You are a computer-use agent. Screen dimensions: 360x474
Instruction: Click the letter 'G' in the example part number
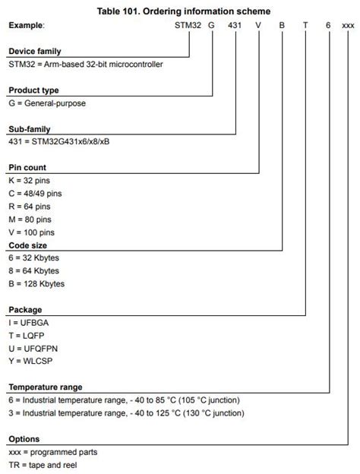point(213,25)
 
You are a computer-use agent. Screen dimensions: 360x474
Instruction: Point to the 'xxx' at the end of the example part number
point(348,25)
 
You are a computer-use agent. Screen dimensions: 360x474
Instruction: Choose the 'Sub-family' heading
point(30,129)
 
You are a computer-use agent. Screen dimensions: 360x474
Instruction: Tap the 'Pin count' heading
point(28,168)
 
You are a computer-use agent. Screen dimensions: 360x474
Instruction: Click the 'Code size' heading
point(28,245)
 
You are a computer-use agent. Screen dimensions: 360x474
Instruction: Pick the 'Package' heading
point(25,310)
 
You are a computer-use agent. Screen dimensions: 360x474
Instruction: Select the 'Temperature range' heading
point(46,387)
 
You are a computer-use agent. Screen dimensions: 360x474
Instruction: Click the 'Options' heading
point(24,439)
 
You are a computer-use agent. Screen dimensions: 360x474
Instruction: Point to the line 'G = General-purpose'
point(48,103)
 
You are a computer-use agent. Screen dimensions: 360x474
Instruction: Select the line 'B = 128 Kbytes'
point(37,284)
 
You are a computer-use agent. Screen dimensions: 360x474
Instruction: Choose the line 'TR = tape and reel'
point(43,465)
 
